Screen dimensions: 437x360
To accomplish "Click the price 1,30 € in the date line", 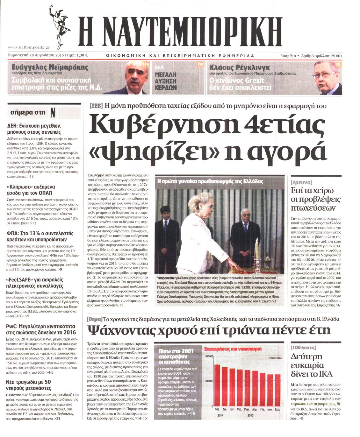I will tap(82, 55).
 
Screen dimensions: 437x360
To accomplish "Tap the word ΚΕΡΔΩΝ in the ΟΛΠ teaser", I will tap(165, 87).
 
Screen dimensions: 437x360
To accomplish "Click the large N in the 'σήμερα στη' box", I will tap(53, 112).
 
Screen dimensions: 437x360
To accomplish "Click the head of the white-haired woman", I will tap(199, 204).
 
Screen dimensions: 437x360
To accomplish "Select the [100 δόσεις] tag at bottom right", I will tap(303, 347).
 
